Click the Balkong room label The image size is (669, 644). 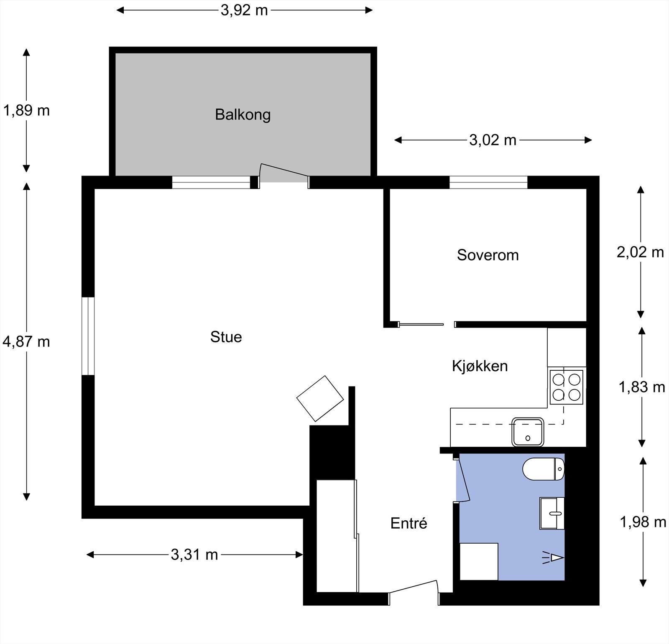click(243, 115)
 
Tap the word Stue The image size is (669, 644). click(226, 337)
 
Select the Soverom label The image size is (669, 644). click(488, 255)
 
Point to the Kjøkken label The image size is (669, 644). click(480, 366)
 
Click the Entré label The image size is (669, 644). click(409, 523)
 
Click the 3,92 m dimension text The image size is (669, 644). click(244, 10)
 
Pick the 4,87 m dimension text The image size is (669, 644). click(26, 342)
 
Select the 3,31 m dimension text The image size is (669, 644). click(194, 555)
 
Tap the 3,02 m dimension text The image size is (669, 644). click(493, 140)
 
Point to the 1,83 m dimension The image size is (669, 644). click(642, 387)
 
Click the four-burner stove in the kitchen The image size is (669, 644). click(567, 387)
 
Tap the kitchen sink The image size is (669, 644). click(528, 432)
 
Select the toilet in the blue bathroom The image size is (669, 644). click(543, 469)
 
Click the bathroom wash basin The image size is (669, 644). click(552, 513)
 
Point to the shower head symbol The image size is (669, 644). click(554, 557)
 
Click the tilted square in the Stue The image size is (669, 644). click(320, 399)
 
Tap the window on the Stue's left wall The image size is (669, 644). click(88, 336)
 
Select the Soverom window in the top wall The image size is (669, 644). click(488, 183)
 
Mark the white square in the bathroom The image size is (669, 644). click(479, 561)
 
